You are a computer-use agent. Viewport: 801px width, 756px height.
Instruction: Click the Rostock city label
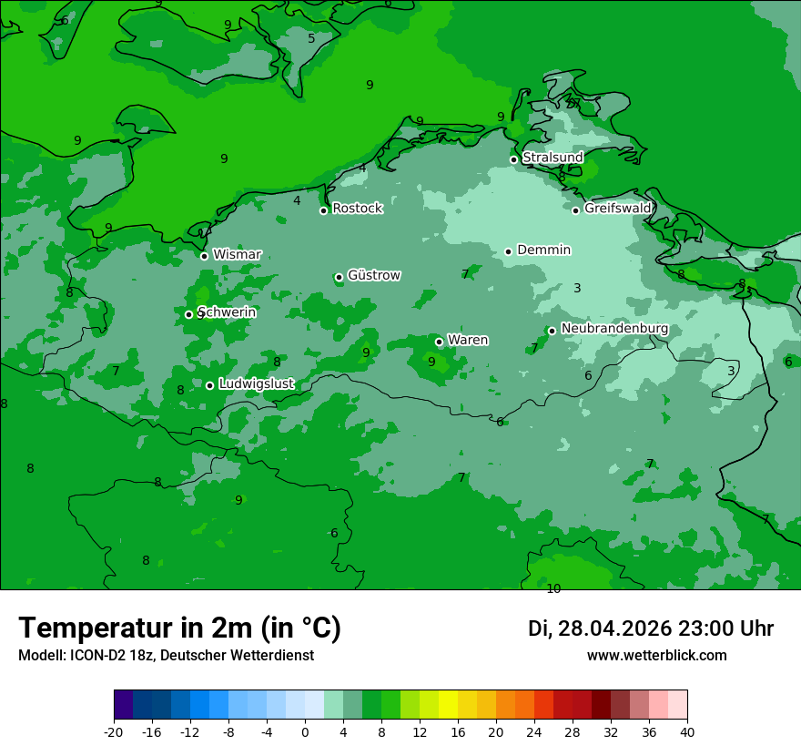357,209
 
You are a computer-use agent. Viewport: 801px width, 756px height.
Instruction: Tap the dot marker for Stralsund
513,159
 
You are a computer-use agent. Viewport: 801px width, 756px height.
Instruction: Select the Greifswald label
617,209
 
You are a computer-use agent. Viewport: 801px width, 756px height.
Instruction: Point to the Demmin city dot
508,251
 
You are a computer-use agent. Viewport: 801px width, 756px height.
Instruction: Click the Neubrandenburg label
614,329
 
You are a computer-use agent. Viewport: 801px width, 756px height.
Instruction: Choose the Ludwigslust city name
256,384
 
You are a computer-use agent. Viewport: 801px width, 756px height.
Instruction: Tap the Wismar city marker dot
204,256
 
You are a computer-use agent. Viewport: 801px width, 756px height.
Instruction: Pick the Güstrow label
373,275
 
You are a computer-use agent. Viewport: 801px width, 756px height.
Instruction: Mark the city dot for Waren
439,342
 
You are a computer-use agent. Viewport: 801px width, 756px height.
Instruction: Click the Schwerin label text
227,312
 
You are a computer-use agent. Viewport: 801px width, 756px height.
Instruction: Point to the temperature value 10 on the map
553,588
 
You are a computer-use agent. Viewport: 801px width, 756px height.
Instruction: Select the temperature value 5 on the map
311,38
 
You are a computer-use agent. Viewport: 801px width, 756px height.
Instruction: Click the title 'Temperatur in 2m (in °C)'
179,628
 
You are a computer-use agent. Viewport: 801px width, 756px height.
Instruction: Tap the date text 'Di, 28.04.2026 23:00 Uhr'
650,628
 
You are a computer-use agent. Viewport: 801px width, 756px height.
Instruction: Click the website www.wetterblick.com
656,655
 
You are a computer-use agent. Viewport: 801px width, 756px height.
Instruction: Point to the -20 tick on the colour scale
114,731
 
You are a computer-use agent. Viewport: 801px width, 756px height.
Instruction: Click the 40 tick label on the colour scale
686,731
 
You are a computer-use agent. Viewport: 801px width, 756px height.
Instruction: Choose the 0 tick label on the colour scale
305,731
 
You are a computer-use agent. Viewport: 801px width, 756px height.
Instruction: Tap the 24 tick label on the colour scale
533,731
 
